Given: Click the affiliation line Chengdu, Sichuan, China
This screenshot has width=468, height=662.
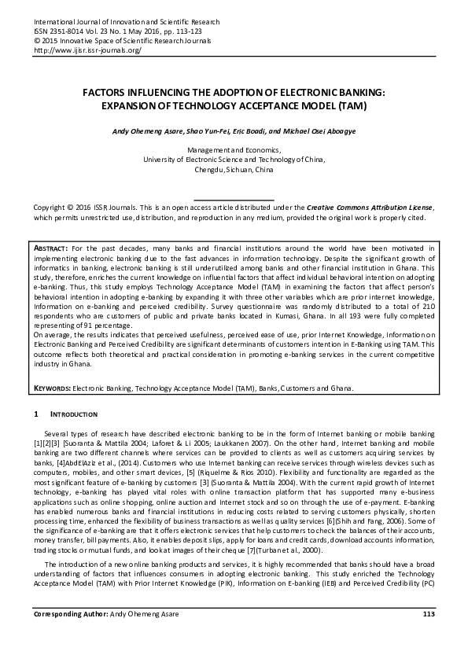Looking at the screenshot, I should click(234, 169).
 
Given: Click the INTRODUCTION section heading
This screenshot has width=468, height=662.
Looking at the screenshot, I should click(74, 414).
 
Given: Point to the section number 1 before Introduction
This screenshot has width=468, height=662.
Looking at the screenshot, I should click(36, 414).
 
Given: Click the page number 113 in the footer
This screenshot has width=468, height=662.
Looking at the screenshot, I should click(429, 635).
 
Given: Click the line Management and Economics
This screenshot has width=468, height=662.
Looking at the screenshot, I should click(234, 149).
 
